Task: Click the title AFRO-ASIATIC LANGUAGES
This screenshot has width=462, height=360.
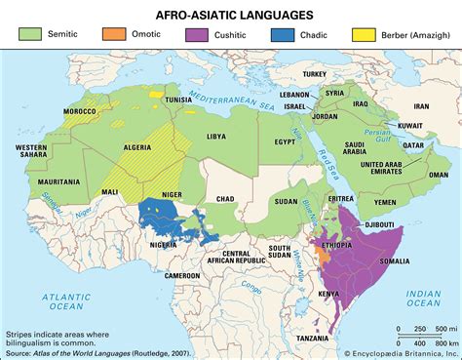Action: [230, 16]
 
